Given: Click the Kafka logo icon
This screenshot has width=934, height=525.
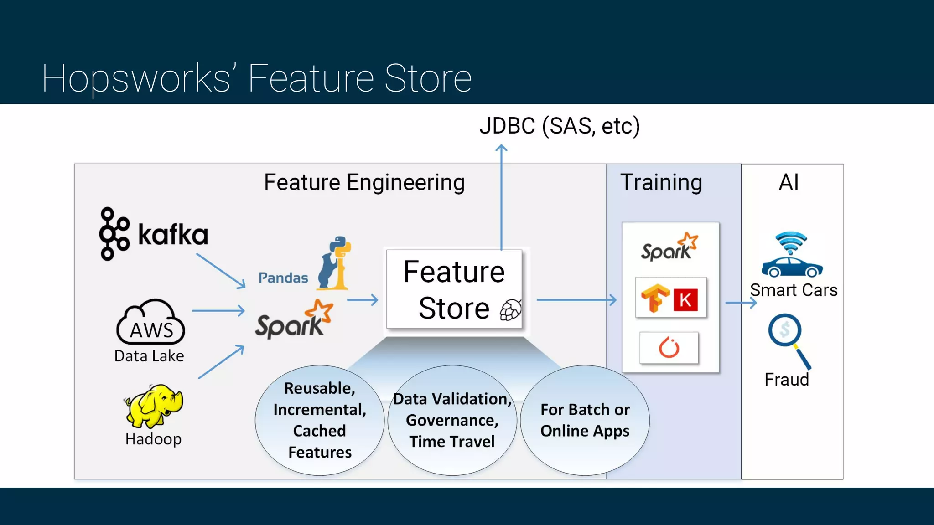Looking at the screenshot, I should click(114, 234).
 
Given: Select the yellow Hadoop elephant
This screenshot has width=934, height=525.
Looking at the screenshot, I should click(154, 405).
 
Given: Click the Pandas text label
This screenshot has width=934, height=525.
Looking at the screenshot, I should click(283, 278).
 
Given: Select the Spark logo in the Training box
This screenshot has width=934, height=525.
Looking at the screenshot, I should click(669, 247).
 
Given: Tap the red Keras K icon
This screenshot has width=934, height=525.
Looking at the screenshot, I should click(685, 300).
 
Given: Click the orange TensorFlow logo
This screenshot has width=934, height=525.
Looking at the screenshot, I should click(655, 298).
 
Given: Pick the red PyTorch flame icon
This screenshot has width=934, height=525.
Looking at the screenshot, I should click(669, 348).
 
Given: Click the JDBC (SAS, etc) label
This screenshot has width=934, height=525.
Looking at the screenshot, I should click(560, 126).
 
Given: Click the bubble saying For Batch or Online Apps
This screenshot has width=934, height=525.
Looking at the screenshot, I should click(585, 420).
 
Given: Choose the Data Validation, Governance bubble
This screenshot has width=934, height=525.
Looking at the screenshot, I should click(452, 420).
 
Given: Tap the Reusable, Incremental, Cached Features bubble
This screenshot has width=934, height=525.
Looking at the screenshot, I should click(320, 420).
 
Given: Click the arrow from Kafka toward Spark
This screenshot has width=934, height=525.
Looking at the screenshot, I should click(221, 271).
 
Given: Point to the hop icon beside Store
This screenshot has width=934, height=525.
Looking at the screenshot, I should click(510, 310).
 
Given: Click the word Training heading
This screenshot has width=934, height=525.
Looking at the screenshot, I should click(661, 182).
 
